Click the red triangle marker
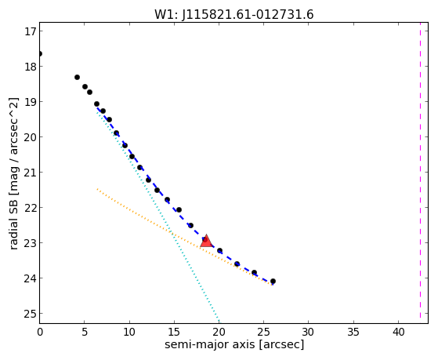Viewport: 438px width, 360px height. (x=206, y=241)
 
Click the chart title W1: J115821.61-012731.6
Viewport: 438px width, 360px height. (x=234, y=15)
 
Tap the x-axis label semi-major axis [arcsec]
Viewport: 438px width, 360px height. (x=234, y=344)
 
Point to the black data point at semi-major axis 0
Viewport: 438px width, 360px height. (x=40, y=53)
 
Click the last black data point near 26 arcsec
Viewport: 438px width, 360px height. (x=273, y=281)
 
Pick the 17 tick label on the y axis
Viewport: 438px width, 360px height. (x=31, y=31)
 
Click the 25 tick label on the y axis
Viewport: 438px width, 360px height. (x=31, y=314)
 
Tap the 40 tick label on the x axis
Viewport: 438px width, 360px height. (x=398, y=333)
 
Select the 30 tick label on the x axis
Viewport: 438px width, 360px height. (x=309, y=333)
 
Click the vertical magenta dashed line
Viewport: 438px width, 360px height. (x=420, y=173)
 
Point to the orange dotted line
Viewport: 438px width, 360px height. (x=185, y=237)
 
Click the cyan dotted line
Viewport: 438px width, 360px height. (x=157, y=215)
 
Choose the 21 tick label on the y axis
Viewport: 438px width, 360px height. (x=31, y=173)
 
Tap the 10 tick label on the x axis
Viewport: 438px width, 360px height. (x=129, y=333)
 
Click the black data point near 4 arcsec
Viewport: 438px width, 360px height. (x=77, y=77)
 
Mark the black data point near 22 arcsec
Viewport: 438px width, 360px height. (x=237, y=264)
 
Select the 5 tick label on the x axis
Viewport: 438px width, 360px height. (x=85, y=333)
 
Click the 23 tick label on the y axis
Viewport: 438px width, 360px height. (x=31, y=243)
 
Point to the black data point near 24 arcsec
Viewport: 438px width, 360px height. (x=254, y=272)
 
